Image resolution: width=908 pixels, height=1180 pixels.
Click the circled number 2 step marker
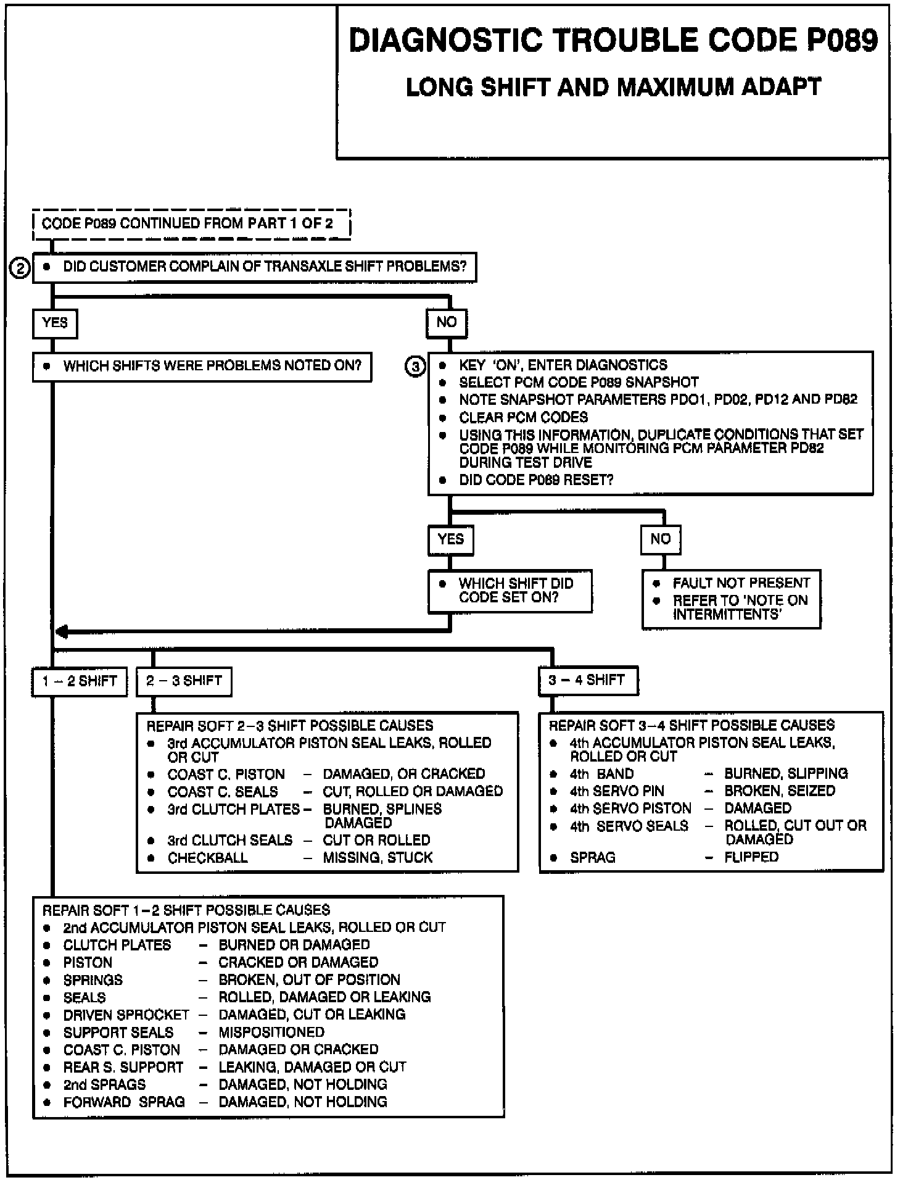[x=20, y=269]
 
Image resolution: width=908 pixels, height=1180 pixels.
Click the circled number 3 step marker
[x=415, y=367]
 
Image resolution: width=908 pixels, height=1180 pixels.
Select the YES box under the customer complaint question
[x=55, y=323]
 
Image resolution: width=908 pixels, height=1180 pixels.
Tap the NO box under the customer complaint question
[x=447, y=323]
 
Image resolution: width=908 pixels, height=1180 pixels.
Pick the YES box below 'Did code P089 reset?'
[x=450, y=539]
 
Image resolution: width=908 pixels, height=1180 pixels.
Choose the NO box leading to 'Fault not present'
[x=660, y=539]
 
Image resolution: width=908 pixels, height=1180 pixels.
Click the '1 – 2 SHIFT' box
[x=80, y=681]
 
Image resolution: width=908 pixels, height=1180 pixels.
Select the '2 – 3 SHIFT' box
[x=184, y=681]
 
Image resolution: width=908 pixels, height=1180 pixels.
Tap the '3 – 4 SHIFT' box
[x=587, y=681]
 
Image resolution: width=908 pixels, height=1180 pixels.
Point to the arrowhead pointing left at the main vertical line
[x=62, y=632]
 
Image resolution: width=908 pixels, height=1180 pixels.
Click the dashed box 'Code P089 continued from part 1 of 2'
[x=191, y=223]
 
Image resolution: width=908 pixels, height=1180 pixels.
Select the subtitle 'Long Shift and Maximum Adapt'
[x=613, y=87]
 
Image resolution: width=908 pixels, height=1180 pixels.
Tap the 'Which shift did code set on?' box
[x=510, y=591]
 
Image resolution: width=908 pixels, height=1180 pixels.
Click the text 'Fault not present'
[x=741, y=583]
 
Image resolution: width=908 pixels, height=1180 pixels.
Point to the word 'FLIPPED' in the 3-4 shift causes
[x=751, y=857]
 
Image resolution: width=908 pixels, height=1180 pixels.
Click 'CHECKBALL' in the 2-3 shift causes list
[x=207, y=858]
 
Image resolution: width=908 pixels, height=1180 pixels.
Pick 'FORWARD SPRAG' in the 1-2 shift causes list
[x=124, y=1102]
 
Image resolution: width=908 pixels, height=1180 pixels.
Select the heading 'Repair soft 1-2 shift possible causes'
[x=186, y=910]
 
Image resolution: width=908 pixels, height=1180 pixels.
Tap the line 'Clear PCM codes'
[x=523, y=417]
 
